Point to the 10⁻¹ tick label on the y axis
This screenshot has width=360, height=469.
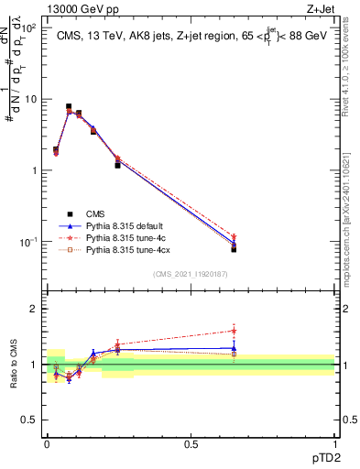pos(28,242)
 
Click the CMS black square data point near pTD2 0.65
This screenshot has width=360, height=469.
pos(234,248)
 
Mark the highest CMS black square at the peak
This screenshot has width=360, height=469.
pos(69,107)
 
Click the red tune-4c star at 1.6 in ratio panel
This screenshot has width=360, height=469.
pos(234,331)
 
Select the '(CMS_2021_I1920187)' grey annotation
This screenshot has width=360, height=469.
pos(191,272)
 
